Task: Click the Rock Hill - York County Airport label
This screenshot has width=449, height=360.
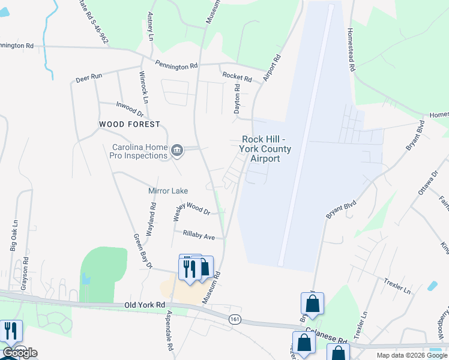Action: pyautogui.click(x=265, y=148)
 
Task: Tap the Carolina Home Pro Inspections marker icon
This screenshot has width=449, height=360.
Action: pyautogui.click(x=176, y=150)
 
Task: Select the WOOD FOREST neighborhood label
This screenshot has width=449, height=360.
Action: pyautogui.click(x=130, y=124)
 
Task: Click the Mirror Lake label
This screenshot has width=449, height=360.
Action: pyautogui.click(x=168, y=191)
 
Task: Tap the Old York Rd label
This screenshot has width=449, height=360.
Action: pyautogui.click(x=144, y=305)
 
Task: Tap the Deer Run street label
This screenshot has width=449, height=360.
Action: pyautogui.click(x=89, y=79)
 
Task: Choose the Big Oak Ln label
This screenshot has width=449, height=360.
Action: pyautogui.click(x=14, y=239)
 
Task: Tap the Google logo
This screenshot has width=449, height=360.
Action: pyautogui.click(x=19, y=353)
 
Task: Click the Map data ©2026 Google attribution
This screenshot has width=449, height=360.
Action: pyautogui.click(x=411, y=355)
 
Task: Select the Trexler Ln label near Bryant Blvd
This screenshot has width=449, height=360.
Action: pyautogui.click(x=399, y=286)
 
